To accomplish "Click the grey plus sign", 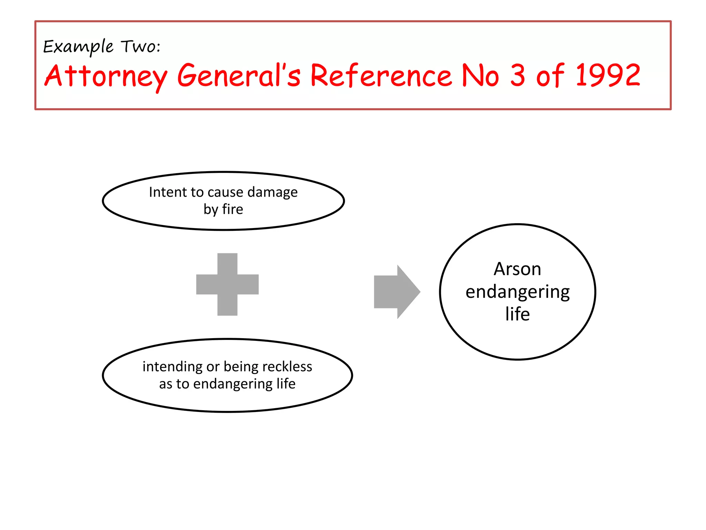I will pyautogui.click(x=227, y=284).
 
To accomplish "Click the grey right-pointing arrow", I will pyautogui.click(x=396, y=292).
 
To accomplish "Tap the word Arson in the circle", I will pyautogui.click(x=517, y=269).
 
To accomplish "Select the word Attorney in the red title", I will pyautogui.click(x=106, y=76).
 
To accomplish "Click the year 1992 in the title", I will pyautogui.click(x=608, y=75).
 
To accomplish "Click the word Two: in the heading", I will pyautogui.click(x=140, y=46).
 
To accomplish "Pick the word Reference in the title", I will pyautogui.click(x=381, y=76).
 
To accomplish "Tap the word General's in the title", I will pyautogui.click(x=239, y=76).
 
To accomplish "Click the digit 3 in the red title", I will pyautogui.click(x=517, y=75).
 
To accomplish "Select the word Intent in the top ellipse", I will pyautogui.click(x=163, y=192).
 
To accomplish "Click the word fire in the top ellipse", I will pyautogui.click(x=233, y=209).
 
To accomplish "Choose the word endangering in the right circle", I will pyautogui.click(x=517, y=292).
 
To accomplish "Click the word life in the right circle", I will pyautogui.click(x=517, y=314).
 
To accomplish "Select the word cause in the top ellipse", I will pyautogui.click(x=226, y=192).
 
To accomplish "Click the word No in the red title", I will pyautogui.click(x=480, y=76).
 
